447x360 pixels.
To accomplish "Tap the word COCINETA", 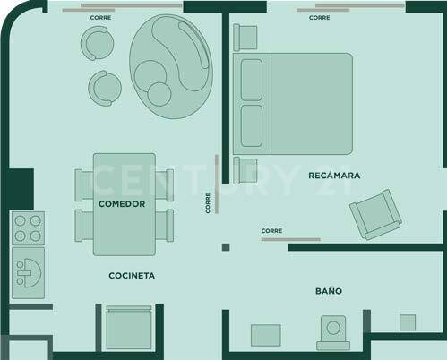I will click(x=132, y=276).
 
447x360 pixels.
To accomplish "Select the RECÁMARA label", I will click(x=333, y=176).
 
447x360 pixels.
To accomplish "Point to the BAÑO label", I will click(x=328, y=291).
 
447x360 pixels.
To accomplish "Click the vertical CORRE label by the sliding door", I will click(x=208, y=203).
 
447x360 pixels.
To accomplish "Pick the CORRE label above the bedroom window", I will click(x=319, y=17).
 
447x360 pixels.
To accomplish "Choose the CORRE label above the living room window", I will click(x=101, y=17).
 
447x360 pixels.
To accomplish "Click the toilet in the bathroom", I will click(x=333, y=330).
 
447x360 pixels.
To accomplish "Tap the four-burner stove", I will click(x=26, y=227).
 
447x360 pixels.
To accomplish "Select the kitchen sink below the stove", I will click(x=27, y=266).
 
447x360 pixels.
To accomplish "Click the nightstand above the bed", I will click(x=244, y=39).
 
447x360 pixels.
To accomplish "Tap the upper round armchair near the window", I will click(x=96, y=42).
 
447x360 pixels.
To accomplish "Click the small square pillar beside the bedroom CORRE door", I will click(x=228, y=246).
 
